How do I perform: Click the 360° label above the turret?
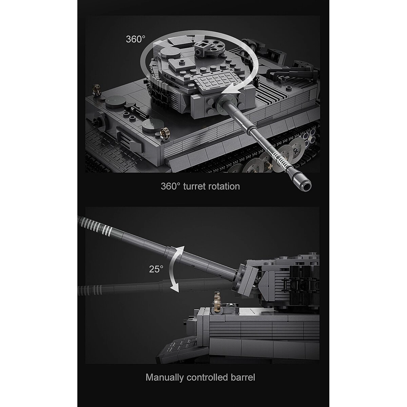(x=136, y=39)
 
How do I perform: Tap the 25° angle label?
(x=156, y=269)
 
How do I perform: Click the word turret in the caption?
(x=194, y=187)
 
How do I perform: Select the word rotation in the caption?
(x=224, y=187)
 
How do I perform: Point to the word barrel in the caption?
(x=243, y=377)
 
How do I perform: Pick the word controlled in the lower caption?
(x=207, y=377)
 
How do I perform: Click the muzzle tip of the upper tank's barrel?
(x=306, y=186)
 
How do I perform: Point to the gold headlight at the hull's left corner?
(x=96, y=89)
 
